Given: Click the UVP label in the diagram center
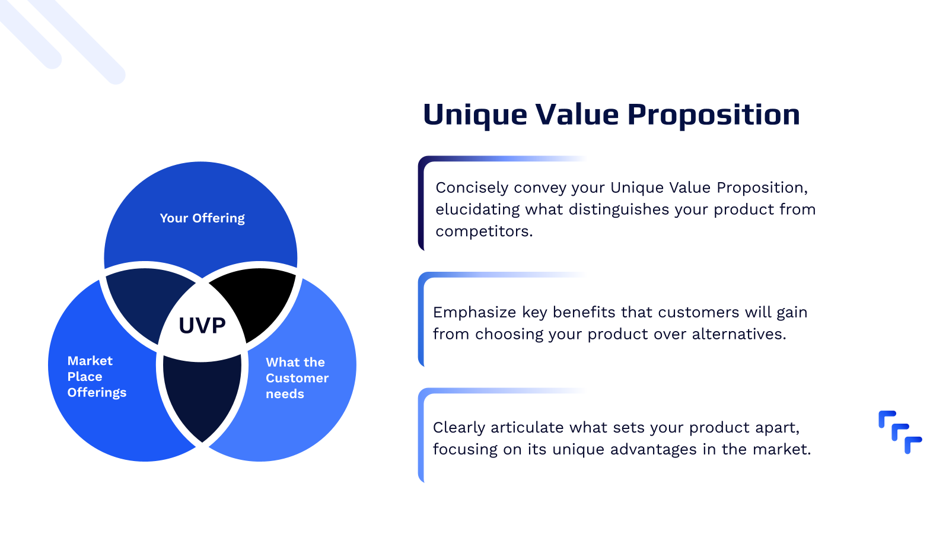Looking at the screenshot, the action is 202,325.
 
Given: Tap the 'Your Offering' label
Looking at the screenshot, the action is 202,218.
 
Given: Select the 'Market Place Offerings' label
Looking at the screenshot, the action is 96,376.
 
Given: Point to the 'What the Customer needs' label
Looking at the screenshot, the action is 296,378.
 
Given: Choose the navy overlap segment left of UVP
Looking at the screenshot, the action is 145,300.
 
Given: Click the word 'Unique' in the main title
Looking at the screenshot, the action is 474,115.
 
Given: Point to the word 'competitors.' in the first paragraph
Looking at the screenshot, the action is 484,231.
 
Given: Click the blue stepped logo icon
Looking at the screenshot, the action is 900,432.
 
